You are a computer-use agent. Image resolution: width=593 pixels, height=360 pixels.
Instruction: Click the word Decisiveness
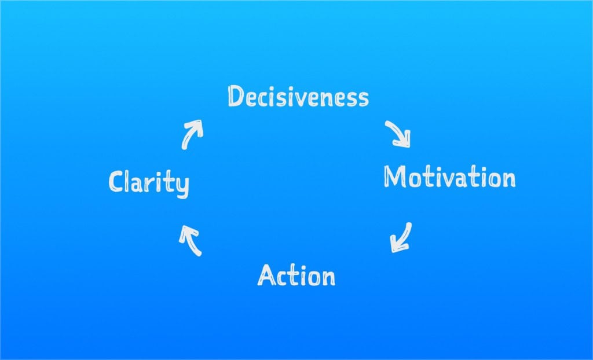[298, 97]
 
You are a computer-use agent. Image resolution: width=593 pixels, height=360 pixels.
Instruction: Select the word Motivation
[449, 177]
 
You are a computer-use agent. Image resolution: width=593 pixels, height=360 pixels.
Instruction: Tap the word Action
[296, 275]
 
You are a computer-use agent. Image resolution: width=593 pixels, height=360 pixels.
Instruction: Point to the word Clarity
[149, 183]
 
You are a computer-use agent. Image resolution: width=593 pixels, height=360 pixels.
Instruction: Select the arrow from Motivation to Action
[401, 237]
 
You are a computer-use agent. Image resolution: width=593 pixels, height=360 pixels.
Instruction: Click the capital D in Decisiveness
[236, 96]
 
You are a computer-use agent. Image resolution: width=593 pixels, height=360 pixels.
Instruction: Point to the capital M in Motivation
[395, 176]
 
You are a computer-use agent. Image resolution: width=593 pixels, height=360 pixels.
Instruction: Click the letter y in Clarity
[182, 186]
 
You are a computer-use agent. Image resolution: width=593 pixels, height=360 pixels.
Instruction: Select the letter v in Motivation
[449, 180]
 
